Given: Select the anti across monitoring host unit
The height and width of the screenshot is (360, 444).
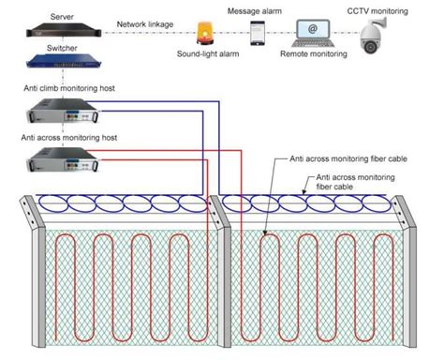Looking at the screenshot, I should (63, 160).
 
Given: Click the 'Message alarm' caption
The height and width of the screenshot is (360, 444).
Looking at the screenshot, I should (257, 9).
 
